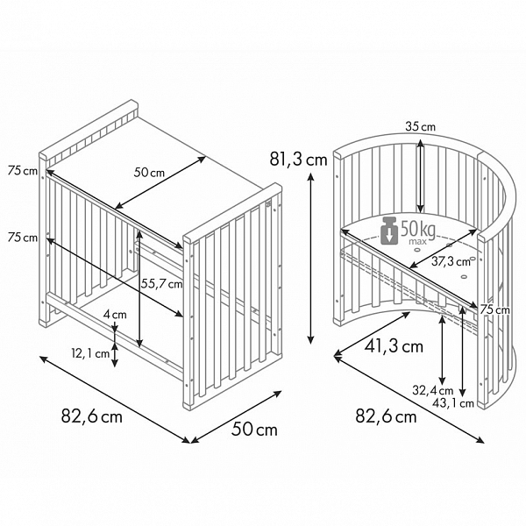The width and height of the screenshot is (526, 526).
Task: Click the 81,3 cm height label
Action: (298, 159)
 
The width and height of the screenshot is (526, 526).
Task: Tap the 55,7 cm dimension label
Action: (161, 284)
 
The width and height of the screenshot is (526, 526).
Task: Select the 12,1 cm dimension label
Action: (90, 353)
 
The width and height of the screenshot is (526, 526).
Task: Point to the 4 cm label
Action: (115, 315)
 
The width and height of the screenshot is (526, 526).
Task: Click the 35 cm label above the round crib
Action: (420, 126)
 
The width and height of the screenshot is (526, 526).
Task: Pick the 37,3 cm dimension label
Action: (451, 261)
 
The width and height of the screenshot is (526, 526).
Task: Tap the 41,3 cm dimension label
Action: (394, 346)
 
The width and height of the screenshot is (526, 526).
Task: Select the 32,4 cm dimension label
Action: (433, 390)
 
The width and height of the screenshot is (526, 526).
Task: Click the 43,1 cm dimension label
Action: (453, 402)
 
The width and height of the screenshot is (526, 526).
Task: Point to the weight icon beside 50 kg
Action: (389, 231)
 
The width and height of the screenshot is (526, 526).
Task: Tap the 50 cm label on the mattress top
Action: (149, 173)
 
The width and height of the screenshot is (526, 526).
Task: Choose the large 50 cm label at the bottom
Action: (254, 430)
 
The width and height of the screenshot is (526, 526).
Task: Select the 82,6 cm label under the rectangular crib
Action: (91, 416)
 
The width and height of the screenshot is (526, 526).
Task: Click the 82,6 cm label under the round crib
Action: (386, 416)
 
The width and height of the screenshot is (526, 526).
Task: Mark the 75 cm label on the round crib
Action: (494, 309)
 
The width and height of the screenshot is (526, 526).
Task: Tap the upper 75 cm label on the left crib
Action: (23, 171)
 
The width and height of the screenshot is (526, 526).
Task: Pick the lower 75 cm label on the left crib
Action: (23, 238)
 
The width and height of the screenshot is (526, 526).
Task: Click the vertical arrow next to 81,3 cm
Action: (311, 258)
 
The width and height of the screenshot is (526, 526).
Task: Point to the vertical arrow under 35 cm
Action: (421, 176)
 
